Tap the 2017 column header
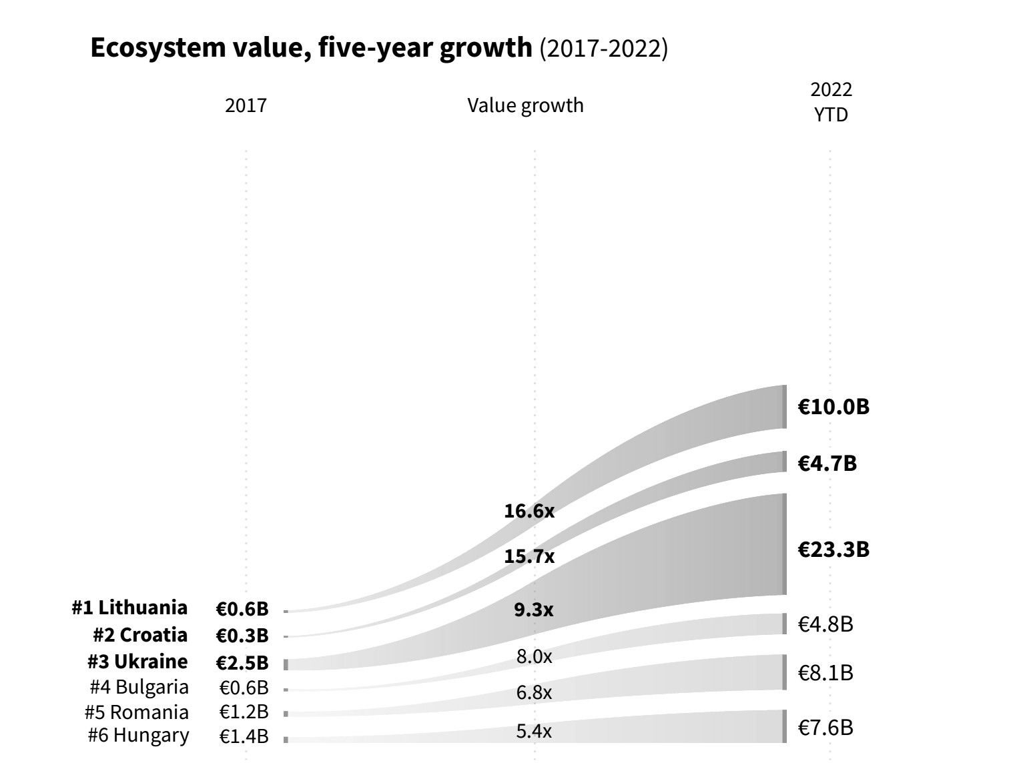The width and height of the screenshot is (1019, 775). pos(246,105)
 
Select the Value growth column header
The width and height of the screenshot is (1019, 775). pos(525,105)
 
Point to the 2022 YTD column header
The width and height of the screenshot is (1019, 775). pos(831,102)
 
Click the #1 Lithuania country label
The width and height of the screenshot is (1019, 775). pos(130,608)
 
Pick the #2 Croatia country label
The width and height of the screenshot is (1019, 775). pos(140,634)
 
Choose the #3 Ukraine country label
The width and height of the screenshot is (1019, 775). pos(137,662)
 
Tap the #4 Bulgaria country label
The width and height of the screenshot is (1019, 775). pos(139,687)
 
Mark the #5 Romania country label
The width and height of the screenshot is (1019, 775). pos(137,712)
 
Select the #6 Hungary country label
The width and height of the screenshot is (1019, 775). pos(138,736)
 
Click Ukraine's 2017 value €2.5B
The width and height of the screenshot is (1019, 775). pos(242,663)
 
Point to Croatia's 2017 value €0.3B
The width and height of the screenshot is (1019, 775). pos(242,635)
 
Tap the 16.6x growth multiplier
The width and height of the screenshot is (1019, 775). pos(529,512)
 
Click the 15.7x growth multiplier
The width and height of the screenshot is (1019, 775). pos(529,556)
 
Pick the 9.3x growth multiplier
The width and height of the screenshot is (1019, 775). pos(533,610)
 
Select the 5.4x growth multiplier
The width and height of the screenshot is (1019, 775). pos(534,732)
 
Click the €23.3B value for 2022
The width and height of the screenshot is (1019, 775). pos(833,550)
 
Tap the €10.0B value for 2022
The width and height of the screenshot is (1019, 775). pos(833,407)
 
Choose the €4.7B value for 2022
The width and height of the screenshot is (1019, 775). pos(827,463)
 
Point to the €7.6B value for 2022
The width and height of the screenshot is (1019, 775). pos(825,727)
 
